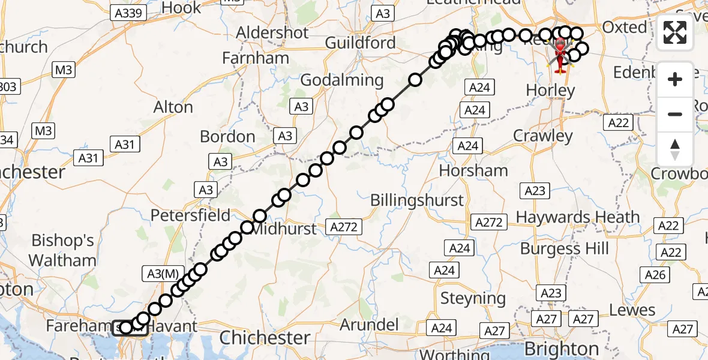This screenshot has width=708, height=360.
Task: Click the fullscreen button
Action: click(x=675, y=32)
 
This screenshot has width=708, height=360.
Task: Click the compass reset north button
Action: click(x=675, y=149)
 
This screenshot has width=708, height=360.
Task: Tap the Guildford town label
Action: click(x=360, y=43)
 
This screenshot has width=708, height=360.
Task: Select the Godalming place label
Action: click(x=341, y=80)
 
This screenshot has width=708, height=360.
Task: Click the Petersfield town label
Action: click(x=190, y=215)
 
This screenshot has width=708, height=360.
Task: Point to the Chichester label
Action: click(x=265, y=338)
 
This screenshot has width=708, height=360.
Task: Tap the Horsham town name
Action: click(x=473, y=170)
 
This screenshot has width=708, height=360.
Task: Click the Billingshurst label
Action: click(x=417, y=200)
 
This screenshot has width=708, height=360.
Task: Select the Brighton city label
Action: click(x=562, y=349)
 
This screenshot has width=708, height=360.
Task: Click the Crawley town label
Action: click(x=543, y=136)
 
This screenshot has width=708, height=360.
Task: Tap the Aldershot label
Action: click(x=272, y=32)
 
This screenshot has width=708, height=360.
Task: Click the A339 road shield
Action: click(x=129, y=13)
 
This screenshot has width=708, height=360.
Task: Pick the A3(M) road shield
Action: click(x=163, y=274)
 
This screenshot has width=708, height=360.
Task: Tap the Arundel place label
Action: click(x=370, y=325)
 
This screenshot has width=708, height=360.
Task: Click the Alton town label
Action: click(x=173, y=107)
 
